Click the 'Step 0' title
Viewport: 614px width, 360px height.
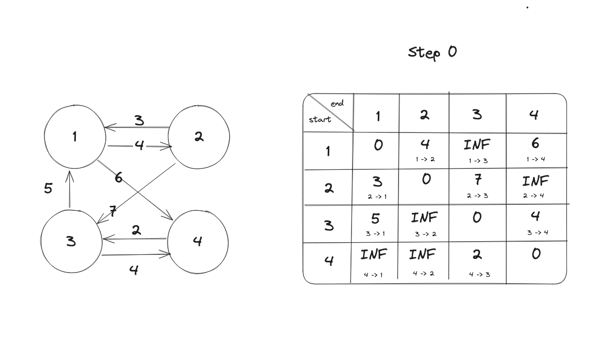pyautogui.click(x=432, y=52)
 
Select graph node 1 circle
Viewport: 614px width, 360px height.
pyautogui.click(x=75, y=137)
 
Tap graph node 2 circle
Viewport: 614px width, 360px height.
pyautogui.click(x=198, y=137)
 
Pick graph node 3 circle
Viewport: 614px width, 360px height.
pyautogui.click(x=71, y=241)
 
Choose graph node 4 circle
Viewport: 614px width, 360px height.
pyautogui.click(x=197, y=241)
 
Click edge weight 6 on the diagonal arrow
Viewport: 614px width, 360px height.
pyautogui.click(x=118, y=177)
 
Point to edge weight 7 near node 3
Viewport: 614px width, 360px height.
pyautogui.click(x=114, y=211)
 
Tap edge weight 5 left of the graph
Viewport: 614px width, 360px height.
pyautogui.click(x=48, y=189)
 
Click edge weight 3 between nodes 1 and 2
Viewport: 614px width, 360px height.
pyautogui.click(x=139, y=120)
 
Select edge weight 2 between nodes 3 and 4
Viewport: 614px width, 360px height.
pyautogui.click(x=136, y=230)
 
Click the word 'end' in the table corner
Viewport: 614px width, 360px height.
pyautogui.click(x=337, y=104)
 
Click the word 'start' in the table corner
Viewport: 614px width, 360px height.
pyautogui.click(x=320, y=120)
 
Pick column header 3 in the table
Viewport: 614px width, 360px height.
pyautogui.click(x=477, y=115)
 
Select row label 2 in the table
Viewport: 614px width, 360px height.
pyautogui.click(x=329, y=188)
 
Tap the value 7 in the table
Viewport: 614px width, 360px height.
pyautogui.click(x=477, y=179)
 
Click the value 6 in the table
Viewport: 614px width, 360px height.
pyautogui.click(x=535, y=144)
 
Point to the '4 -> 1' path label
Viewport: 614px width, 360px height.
pyautogui.click(x=373, y=275)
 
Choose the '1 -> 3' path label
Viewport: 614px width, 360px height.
pyautogui.click(x=477, y=161)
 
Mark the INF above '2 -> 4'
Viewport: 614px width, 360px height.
pyautogui.click(x=535, y=181)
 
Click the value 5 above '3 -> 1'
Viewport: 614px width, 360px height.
pyautogui.click(x=376, y=218)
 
